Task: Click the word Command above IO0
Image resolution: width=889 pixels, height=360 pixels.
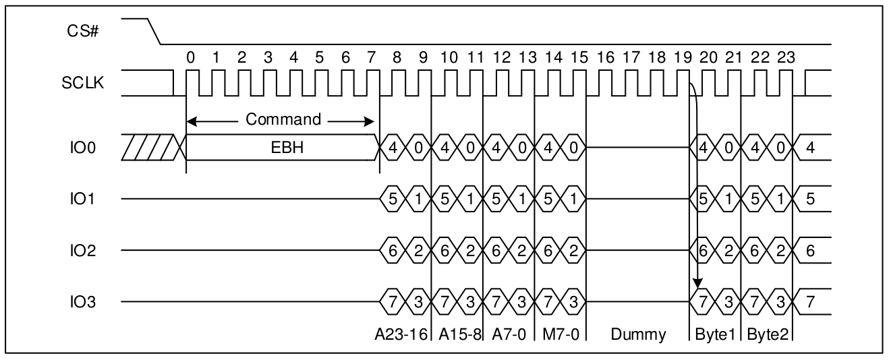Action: click(283, 120)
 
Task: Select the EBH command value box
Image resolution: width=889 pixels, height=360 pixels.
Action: click(282, 148)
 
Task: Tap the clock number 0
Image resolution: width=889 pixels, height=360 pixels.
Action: click(191, 58)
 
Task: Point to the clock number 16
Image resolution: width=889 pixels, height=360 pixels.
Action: click(606, 58)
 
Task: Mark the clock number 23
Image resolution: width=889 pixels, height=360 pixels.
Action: click(785, 58)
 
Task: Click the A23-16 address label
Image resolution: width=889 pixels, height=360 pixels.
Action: click(402, 333)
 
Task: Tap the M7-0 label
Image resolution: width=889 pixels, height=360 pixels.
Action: click(561, 333)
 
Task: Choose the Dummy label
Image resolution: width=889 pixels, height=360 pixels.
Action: click(638, 333)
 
